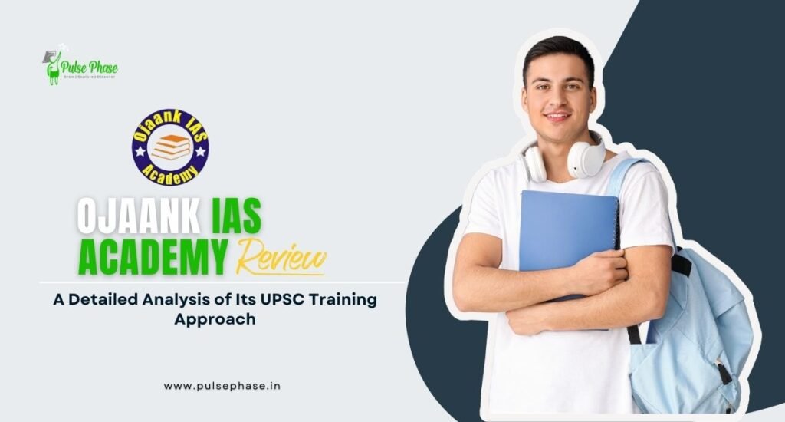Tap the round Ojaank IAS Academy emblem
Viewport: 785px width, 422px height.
pyautogui.click(x=169, y=147)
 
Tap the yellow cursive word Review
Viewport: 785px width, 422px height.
pyautogui.click(x=282, y=256)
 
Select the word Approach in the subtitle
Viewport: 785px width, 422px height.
pyautogui.click(x=215, y=318)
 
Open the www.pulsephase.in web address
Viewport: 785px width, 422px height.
pyautogui.click(x=222, y=386)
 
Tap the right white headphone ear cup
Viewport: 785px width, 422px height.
pyautogui.click(x=586, y=159)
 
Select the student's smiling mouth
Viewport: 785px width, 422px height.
pyautogui.click(x=557, y=117)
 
